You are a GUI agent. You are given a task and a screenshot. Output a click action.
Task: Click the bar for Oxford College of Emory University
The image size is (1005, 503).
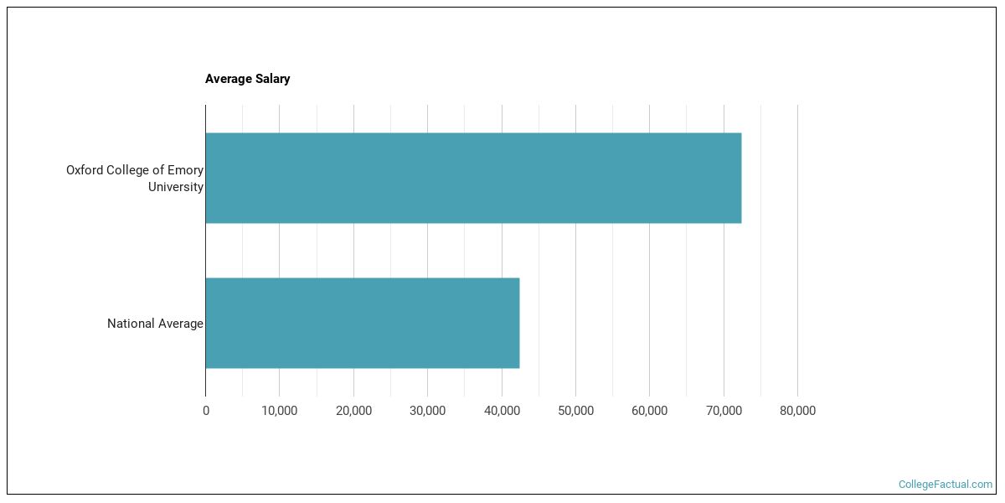(x=473, y=178)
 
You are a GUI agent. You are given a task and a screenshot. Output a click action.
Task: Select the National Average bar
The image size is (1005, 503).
(x=362, y=323)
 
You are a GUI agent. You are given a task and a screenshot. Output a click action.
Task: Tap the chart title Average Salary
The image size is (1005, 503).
(x=248, y=79)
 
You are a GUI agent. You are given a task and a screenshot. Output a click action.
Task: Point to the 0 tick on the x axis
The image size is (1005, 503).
(x=206, y=411)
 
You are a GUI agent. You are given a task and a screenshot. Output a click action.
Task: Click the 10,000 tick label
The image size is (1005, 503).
(x=280, y=411)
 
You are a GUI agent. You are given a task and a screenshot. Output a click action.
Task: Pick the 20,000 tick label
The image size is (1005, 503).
(x=353, y=411)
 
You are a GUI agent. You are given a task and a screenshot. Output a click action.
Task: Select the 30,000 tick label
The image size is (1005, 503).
(x=427, y=411)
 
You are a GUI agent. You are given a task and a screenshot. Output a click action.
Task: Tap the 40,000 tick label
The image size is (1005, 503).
(x=502, y=411)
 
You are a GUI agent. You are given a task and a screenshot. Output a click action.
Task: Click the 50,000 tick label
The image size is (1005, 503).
(x=575, y=411)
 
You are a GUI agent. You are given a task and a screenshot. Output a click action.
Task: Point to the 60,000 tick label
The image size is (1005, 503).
(x=649, y=411)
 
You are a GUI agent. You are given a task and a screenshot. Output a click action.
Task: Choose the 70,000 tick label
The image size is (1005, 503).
(x=724, y=411)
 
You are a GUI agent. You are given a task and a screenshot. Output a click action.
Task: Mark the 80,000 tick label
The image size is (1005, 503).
(x=797, y=411)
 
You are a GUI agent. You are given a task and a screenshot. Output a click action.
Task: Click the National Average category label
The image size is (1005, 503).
(x=155, y=324)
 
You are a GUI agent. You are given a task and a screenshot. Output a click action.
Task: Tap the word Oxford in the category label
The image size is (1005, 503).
(x=85, y=170)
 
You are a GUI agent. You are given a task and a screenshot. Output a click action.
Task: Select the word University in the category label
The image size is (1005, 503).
(x=176, y=187)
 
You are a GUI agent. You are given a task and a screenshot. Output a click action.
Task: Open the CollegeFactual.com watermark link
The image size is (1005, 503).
(x=945, y=485)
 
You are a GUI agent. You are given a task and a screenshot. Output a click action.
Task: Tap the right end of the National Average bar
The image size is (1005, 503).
(x=518, y=323)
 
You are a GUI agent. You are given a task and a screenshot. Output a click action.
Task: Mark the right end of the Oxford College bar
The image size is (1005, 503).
(x=740, y=178)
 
